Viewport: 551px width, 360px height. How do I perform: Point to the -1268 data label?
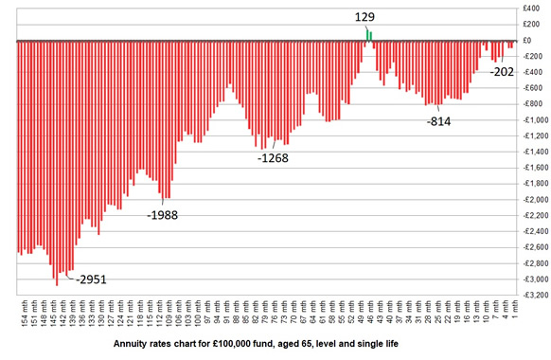(x=273, y=158)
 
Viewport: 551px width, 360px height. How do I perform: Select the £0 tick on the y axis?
(x=535, y=41)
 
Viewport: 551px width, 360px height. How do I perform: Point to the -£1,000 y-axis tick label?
(x=529, y=120)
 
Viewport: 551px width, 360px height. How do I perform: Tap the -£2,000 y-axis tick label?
(x=529, y=199)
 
